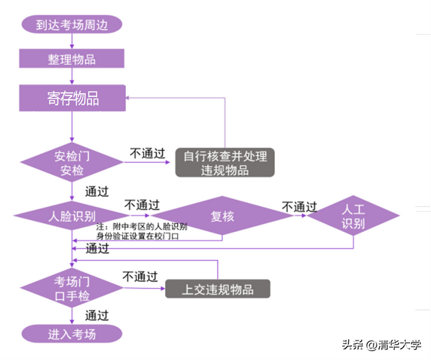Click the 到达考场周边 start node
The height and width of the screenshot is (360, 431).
point(71,25)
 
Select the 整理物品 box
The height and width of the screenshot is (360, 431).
point(71,59)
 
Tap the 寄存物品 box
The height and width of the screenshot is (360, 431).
point(72,98)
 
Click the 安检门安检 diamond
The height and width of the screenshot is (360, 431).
point(72,162)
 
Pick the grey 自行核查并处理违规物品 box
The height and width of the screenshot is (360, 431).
point(225,162)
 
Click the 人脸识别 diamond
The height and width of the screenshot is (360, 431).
point(72,216)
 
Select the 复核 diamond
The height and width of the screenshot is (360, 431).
point(222,216)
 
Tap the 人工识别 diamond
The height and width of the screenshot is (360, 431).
point(354,216)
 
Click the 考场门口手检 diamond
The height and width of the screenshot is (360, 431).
point(72,289)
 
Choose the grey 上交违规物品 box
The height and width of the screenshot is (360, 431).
point(218,289)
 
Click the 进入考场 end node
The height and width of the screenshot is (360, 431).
point(71,334)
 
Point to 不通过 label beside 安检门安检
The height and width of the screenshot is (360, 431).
point(147,153)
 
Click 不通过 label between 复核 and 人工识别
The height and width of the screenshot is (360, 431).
point(299,206)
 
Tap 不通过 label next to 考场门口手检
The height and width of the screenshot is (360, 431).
point(140,276)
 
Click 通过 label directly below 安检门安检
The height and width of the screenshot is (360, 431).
point(97,191)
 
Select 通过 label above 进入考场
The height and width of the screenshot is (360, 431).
point(97,315)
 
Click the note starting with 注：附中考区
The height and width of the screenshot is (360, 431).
point(141,231)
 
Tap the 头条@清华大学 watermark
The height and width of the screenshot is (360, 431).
point(381,345)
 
